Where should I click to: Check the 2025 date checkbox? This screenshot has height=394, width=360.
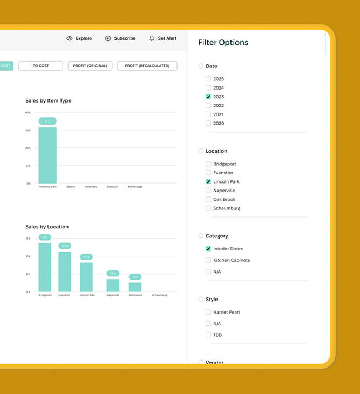coord(208,79)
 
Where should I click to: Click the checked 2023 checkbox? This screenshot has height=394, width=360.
coord(208,97)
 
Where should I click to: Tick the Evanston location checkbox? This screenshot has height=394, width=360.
coord(208,173)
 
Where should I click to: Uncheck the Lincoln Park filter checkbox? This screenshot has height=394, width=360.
coord(208,182)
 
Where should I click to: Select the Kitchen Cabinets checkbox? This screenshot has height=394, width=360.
coord(208,260)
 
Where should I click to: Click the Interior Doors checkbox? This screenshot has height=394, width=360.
coord(208,249)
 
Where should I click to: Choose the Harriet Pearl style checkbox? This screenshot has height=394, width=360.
coord(208,312)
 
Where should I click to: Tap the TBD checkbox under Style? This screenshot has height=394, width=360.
coord(208,335)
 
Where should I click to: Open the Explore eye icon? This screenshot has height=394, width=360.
coord(70,38)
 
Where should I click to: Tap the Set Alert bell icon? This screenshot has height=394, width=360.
coord(152,38)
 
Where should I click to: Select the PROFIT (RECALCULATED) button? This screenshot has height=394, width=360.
coord(147,66)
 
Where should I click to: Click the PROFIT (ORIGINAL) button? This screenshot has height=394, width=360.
coord(90,66)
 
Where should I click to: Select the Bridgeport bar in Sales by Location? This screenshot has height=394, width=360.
coord(45,267)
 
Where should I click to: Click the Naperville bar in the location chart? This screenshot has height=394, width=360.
coord(113,285)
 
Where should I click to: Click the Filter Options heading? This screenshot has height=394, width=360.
coord(223,43)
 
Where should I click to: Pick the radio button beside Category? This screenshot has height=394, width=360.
coord(201,236)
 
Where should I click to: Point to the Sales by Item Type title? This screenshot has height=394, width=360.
coord(48,100)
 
